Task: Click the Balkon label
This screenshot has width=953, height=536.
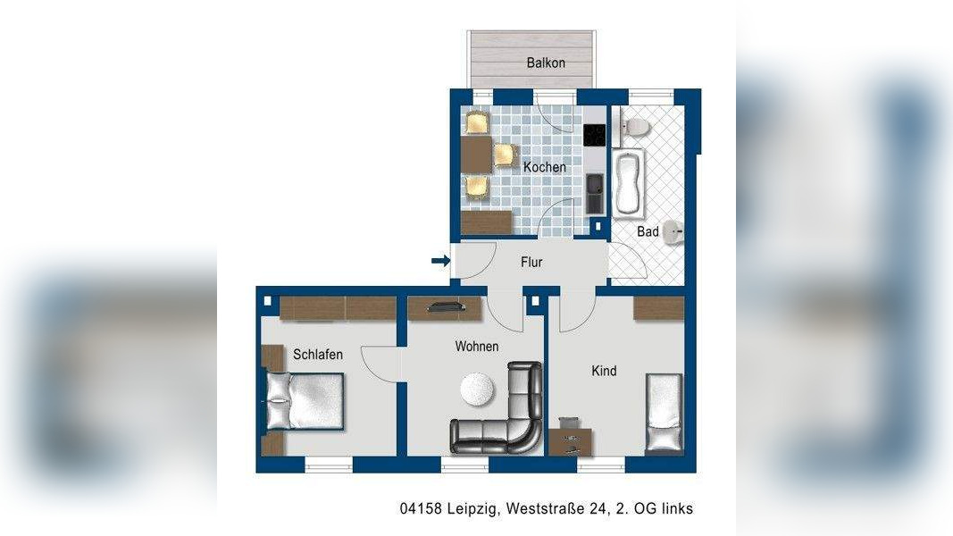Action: coord(546,63)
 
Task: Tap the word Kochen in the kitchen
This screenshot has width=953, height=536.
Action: coord(545,166)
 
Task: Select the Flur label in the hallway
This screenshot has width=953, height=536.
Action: coord(531,262)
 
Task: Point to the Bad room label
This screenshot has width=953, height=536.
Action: coord(648,231)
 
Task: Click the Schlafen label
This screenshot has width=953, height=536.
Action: coord(318,355)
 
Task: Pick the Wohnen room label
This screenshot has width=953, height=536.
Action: coord(477,347)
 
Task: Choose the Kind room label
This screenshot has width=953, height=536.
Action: coord(604,371)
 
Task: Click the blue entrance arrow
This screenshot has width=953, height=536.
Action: coord(440,261)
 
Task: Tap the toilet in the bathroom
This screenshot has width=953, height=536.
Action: coord(631,126)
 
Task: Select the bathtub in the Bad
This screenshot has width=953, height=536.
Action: coord(629,183)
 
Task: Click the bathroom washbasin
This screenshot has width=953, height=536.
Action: coord(673,231)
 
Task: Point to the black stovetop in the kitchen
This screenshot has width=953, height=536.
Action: coord(595,135)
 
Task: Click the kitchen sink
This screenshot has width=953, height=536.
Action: coord(595,193)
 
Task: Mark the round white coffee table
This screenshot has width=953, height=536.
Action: coord(477,389)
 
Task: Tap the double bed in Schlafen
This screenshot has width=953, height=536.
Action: coord(305,401)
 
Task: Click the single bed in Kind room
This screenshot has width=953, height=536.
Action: coord(664,413)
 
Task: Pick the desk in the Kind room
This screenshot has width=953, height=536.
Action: coord(570,442)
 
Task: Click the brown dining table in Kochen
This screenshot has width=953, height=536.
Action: coord(477,155)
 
